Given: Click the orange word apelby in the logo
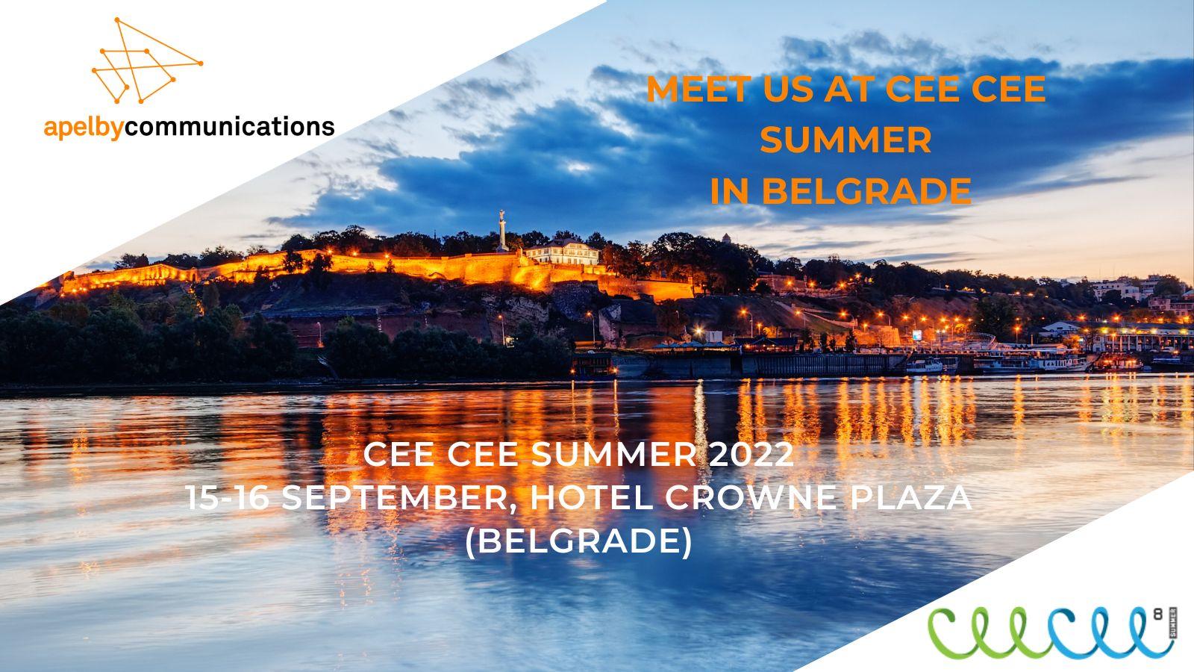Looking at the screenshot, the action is click(84, 128).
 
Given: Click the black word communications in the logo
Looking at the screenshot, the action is click(229, 126).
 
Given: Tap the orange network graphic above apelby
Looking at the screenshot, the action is click(147, 60).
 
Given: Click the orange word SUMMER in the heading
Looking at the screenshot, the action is click(846, 140).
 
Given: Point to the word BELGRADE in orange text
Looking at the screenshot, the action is click(866, 190).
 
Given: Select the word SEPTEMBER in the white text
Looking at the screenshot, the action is click(395, 499).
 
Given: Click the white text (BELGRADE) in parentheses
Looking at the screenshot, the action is click(579, 542).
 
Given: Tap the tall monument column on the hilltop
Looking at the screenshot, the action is click(501, 231).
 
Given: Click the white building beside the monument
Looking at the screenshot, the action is click(563, 252).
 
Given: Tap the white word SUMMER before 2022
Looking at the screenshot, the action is click(613, 455).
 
